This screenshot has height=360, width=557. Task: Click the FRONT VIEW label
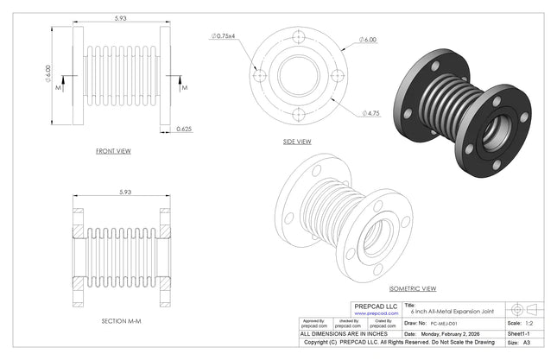(113, 151)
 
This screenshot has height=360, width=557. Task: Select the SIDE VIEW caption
(297, 142)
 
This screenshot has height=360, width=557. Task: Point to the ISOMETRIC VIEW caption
(413, 288)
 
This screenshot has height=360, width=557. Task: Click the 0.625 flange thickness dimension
(184, 129)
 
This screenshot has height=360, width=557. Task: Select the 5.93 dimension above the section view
(121, 193)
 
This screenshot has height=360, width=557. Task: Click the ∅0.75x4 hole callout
(224, 36)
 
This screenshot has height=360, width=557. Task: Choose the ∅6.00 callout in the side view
(370, 41)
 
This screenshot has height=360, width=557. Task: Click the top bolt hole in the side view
(298, 38)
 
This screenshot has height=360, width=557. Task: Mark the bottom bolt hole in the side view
(298, 112)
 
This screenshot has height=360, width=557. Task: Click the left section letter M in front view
(58, 87)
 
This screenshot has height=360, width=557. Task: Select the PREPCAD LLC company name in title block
(377, 306)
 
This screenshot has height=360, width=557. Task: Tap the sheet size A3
(527, 343)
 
